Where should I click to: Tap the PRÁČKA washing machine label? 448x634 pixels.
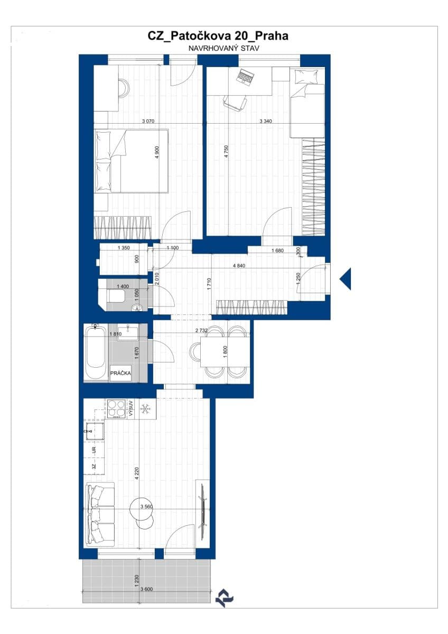[x=120, y=374]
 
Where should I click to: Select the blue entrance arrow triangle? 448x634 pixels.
[x=345, y=278]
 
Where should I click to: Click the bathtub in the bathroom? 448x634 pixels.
[x=96, y=352]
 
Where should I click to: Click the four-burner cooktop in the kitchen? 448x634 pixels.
[x=117, y=408]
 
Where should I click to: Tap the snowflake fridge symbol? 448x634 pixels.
[x=146, y=408]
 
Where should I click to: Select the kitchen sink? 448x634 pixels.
[x=95, y=432]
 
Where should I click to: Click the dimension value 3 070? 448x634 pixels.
[x=148, y=121]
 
